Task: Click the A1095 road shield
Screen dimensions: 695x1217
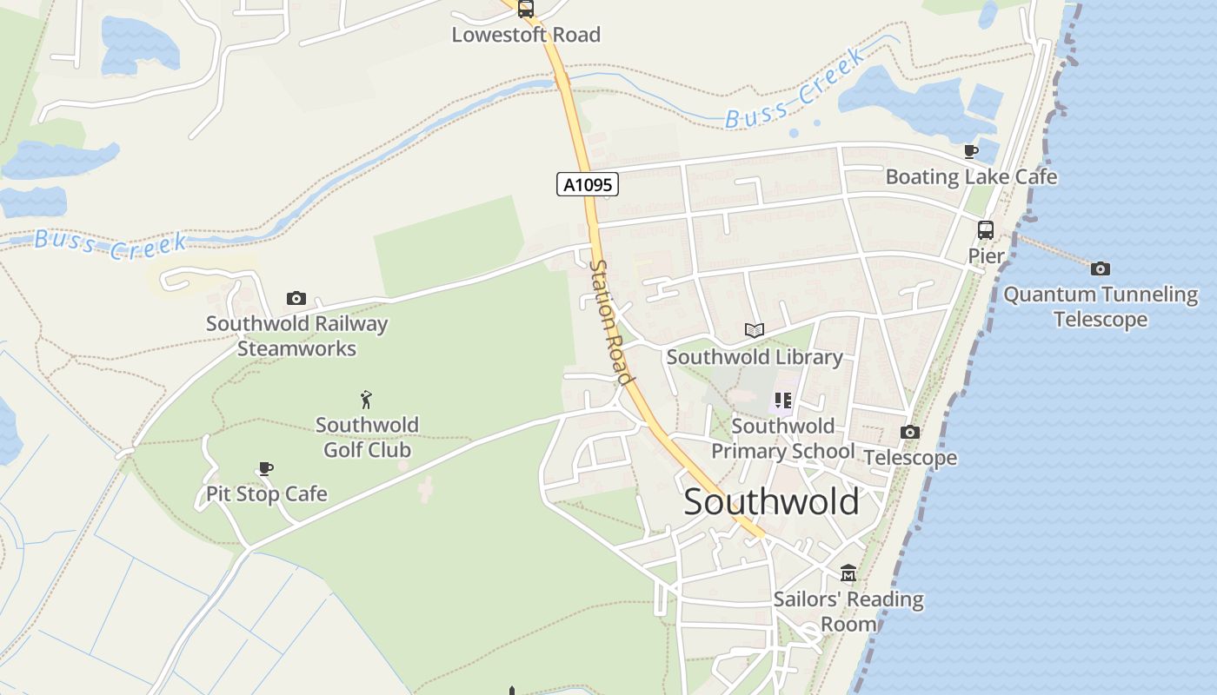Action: (588, 184)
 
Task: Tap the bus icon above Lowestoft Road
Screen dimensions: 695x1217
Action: (526, 9)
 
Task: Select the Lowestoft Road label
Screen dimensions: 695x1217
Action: (526, 35)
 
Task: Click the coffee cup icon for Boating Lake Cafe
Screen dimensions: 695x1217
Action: (971, 152)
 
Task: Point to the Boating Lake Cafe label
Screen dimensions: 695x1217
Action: (971, 177)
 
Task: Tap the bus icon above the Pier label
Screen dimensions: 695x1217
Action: (986, 230)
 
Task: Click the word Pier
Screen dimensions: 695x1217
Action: (986, 256)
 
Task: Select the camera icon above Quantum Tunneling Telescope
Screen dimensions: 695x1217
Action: (1100, 268)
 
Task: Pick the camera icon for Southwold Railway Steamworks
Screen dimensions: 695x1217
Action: (296, 298)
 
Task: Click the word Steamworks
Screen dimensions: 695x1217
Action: (296, 349)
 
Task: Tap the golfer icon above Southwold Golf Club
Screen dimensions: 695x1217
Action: (366, 400)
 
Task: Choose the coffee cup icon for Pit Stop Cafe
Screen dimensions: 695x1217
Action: (266, 469)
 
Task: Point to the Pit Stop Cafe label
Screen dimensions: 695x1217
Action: (266, 494)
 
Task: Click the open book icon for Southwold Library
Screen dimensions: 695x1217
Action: (755, 330)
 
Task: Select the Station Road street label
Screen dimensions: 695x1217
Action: (610, 321)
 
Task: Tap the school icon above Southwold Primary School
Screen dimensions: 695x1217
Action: (783, 400)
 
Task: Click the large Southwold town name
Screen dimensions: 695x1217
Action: (771, 502)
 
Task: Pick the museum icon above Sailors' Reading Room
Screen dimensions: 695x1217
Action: (848, 573)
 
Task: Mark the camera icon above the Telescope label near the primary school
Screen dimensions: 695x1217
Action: (910, 432)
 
